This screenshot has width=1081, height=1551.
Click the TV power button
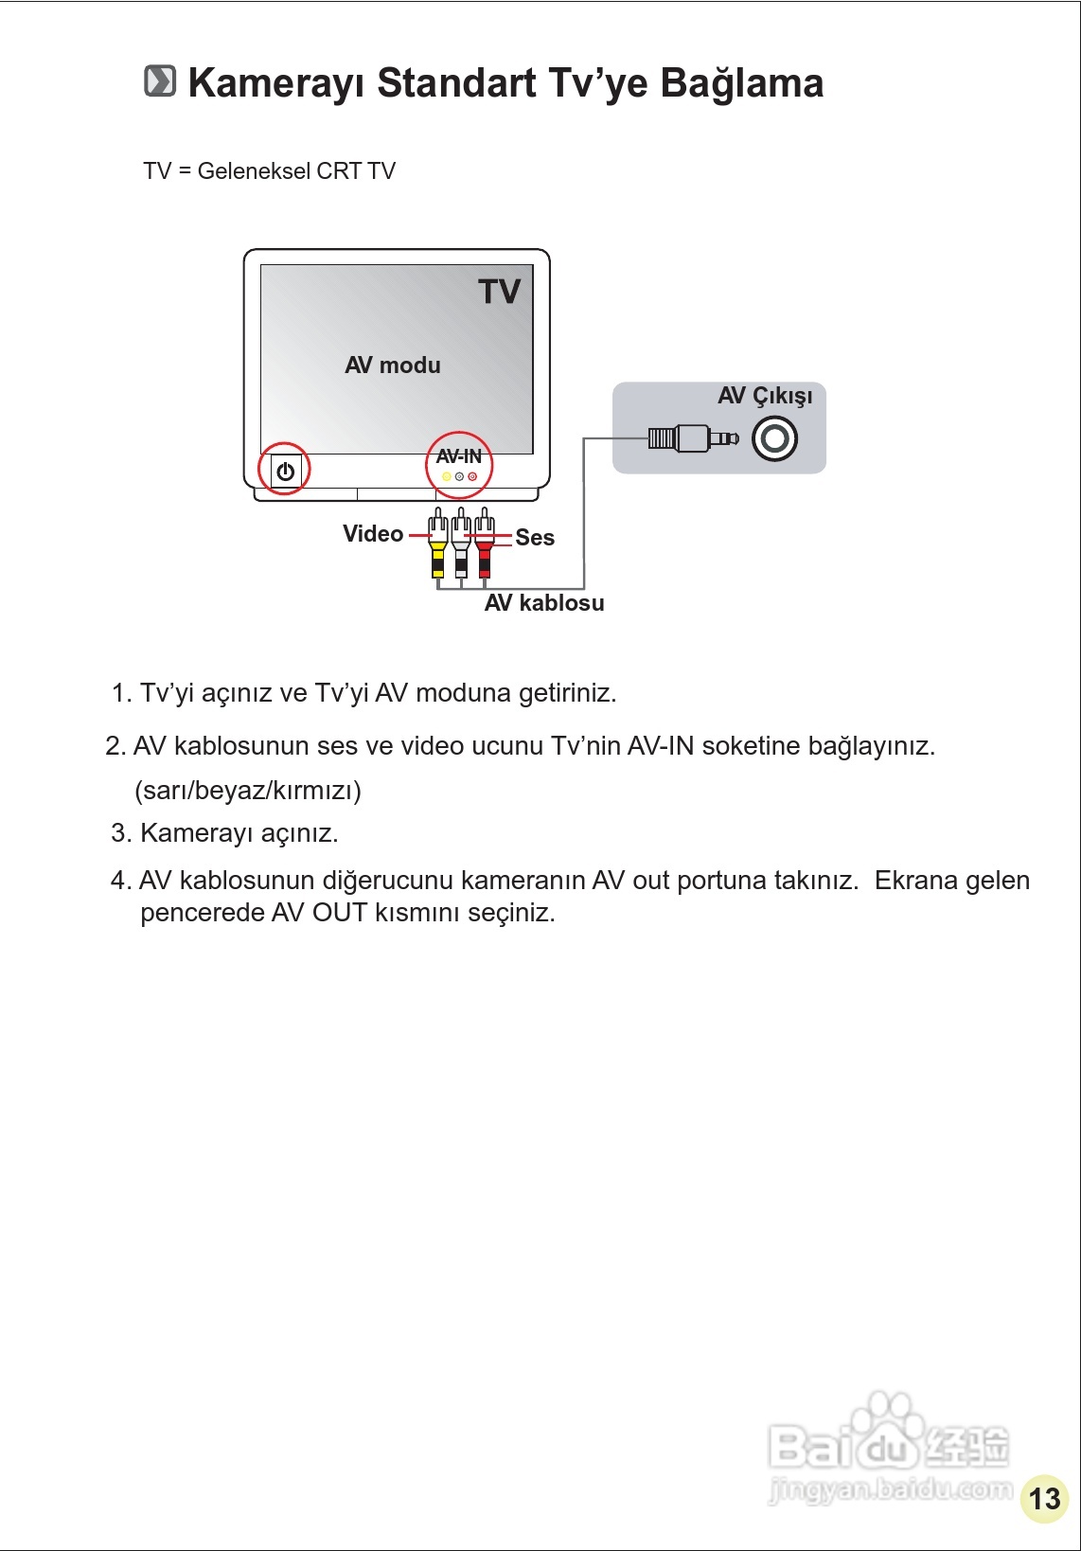pos(285,471)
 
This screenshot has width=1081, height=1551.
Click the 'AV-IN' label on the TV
pos(459,456)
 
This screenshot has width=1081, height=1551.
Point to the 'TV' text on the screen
pos(499,292)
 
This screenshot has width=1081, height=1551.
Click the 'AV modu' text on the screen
pos(393,365)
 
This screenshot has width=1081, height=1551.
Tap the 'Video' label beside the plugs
pos(373,534)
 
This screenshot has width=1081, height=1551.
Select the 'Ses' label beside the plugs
pos(535,538)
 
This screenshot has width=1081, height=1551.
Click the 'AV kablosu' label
pos(544,603)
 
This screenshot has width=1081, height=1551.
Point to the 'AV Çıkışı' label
pos(765,396)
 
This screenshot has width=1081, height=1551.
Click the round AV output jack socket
pos(774,438)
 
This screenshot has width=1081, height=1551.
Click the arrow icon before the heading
pos(160,81)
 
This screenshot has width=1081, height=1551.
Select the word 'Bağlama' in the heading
pos(741,83)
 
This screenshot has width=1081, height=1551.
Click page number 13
pos(1044,1498)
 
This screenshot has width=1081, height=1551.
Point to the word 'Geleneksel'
pos(254,171)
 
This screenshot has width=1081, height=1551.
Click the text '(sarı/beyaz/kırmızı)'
pos(248,790)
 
